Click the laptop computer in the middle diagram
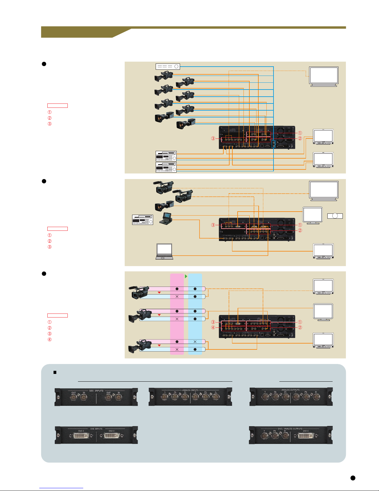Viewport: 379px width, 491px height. [x=164, y=251]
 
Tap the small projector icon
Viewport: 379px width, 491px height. [x=335, y=216]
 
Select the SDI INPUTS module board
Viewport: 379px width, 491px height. [x=96, y=397]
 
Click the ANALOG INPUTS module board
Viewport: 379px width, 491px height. [x=190, y=397]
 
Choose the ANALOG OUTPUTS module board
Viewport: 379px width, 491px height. [x=291, y=397]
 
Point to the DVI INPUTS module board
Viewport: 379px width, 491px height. [x=96, y=435]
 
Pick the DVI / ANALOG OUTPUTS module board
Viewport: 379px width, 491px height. [x=291, y=435]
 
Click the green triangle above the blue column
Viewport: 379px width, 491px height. [x=186, y=276]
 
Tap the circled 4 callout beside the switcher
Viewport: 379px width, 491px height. [x=213, y=328]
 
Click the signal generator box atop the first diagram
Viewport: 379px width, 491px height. [x=168, y=66]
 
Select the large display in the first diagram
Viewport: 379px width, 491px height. [x=324, y=76]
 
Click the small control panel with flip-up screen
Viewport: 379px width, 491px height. [x=167, y=218]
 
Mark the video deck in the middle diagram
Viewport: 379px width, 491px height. [x=142, y=219]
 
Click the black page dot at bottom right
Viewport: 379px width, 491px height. [x=353, y=478]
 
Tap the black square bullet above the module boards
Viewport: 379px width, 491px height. [x=55, y=372]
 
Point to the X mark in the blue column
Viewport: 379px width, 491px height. [x=195, y=342]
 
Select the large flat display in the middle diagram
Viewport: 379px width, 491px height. [x=324, y=191]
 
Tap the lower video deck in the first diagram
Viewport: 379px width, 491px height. [x=166, y=167]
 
